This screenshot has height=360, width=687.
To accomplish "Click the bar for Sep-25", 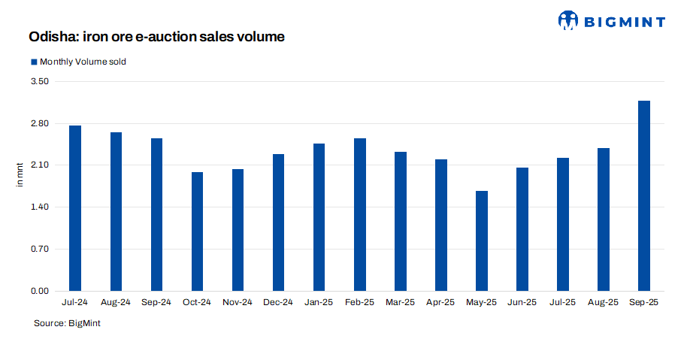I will (x=643, y=195).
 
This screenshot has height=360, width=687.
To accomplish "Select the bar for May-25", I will (x=481, y=241).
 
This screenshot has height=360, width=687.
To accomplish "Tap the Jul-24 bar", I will (x=75, y=208).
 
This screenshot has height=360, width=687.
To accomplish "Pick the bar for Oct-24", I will (x=197, y=231).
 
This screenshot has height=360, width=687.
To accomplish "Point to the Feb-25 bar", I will (x=359, y=214).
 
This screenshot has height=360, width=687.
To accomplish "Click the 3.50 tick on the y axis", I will (x=38, y=81).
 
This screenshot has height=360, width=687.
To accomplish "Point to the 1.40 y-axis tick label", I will (x=38, y=207).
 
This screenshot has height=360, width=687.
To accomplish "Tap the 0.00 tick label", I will (x=38, y=291).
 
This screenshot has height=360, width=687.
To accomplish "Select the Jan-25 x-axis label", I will (x=319, y=302).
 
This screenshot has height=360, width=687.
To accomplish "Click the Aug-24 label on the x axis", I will (x=116, y=302).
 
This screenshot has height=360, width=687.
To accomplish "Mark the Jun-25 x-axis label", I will (x=522, y=302).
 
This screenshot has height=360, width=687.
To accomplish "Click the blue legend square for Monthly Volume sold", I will (x=33, y=62).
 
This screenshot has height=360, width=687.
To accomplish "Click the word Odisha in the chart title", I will (x=51, y=36).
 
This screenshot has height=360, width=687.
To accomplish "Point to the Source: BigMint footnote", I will (x=67, y=322).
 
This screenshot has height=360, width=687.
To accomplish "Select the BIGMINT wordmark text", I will (x=624, y=21).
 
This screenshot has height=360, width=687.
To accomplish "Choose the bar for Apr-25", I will (x=440, y=225).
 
